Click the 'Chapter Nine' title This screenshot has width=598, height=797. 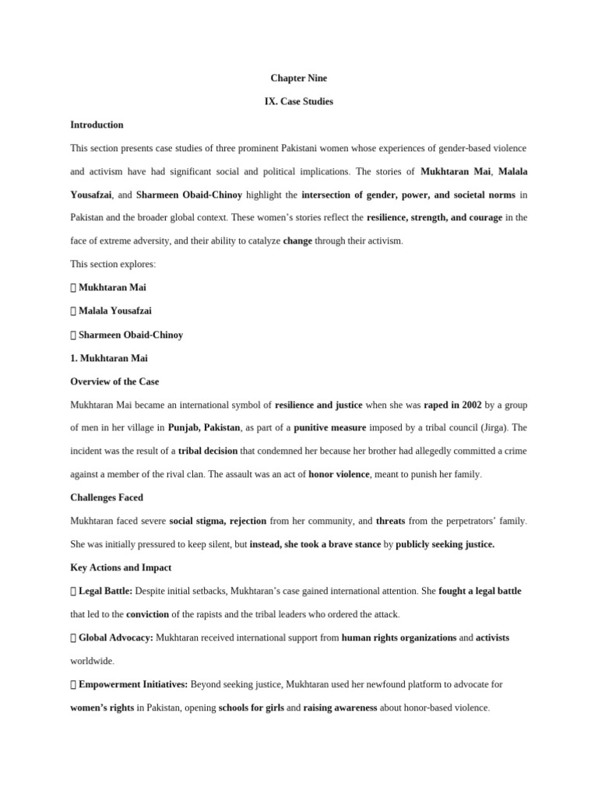coord(298,78)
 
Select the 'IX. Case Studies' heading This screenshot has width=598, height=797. coord(298,101)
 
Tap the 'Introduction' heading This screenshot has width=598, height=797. coord(97,125)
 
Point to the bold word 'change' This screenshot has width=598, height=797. coord(297,241)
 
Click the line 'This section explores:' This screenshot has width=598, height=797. coord(113,264)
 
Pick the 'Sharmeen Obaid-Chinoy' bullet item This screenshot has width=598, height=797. coord(131,335)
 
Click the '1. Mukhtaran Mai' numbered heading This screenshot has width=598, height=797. coord(109,358)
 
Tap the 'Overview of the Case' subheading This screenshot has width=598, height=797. coord(114,381)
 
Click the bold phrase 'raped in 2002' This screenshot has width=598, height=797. coord(452,405)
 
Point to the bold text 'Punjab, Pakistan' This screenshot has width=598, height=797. coord(204,427)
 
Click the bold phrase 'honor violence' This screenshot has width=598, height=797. coord(339,474)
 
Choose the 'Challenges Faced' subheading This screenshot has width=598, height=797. coord(107,497)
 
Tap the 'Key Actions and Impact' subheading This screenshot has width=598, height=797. coord(121,567)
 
